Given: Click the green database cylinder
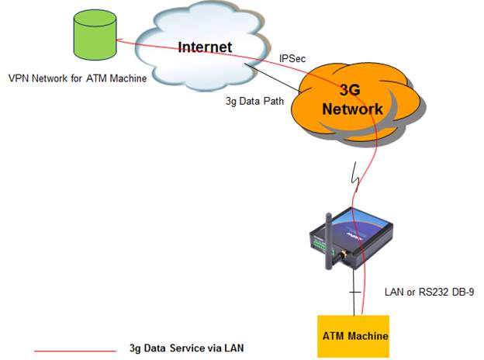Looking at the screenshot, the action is (95, 35).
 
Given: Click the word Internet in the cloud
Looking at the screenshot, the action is (205, 47).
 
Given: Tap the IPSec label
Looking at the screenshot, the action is (292, 58).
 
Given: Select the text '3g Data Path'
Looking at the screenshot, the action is (254, 101).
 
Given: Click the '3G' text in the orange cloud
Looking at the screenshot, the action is (350, 89).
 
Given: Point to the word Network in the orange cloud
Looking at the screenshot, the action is (352, 109).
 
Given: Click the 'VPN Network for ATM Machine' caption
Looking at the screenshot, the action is (78, 78).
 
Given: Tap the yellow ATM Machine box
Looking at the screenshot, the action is (354, 336).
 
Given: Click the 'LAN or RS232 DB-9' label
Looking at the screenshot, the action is (429, 292).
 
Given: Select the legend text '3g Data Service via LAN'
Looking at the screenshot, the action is (186, 348).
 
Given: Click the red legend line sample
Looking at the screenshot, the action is (75, 351).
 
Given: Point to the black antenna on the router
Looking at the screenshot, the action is (330, 241).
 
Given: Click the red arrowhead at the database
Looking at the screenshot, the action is (119, 40).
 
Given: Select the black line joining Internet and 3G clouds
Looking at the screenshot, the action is (271, 78).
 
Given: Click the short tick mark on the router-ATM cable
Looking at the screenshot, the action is (354, 292).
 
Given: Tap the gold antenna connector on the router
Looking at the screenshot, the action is (344, 255).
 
